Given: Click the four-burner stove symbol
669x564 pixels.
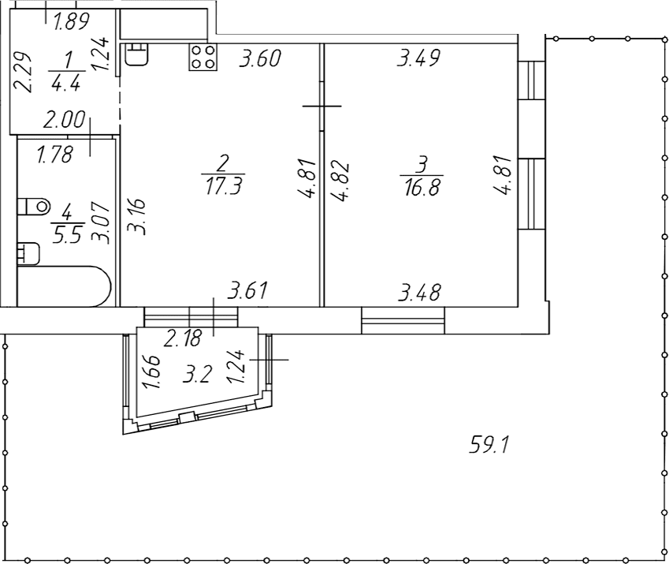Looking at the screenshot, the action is (x=203, y=58).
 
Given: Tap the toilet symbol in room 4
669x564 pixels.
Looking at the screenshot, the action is (x=34, y=207).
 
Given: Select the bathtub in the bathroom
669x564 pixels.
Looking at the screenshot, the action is (x=64, y=286).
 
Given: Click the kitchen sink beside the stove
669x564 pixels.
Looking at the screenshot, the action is (x=137, y=54).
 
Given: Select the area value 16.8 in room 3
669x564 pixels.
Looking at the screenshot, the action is (x=422, y=187).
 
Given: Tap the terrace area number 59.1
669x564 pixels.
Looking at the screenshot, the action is (x=489, y=444).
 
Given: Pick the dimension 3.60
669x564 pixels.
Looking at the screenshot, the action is (x=260, y=58).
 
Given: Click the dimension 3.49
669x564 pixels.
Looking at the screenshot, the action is (x=418, y=58).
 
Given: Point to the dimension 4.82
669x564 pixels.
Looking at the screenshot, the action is (x=341, y=181).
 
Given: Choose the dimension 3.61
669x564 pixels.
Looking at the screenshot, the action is (x=247, y=290).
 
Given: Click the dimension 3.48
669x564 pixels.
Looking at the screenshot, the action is (x=419, y=293).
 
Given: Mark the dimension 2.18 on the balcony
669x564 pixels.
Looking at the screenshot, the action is (x=183, y=338).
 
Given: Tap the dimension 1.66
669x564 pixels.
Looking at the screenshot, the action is (x=152, y=372).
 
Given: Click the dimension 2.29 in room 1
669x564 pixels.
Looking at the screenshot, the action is (x=23, y=72).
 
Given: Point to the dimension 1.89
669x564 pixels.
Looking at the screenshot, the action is (x=71, y=21).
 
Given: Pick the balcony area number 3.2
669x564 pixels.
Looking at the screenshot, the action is (x=197, y=375).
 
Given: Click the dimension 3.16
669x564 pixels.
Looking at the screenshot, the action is (x=138, y=215).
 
